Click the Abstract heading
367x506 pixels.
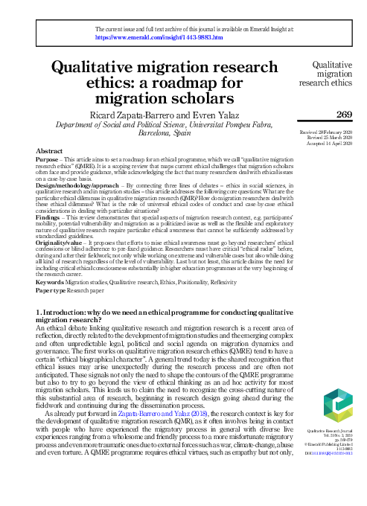(x=49, y=151)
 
